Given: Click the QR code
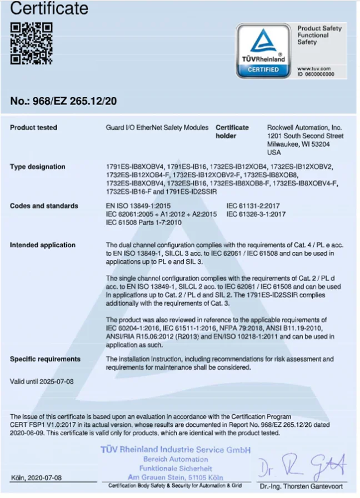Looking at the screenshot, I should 31,43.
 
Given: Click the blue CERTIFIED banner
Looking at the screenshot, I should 263,69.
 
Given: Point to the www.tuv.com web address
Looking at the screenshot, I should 314,68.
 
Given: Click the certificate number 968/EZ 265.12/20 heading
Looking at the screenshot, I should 63,101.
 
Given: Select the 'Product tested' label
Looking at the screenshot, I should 33,128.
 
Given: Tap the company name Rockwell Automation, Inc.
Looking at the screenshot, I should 304,128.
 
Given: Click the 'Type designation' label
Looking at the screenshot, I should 37,167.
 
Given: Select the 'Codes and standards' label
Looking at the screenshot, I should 44,206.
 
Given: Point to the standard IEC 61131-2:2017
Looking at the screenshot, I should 256,206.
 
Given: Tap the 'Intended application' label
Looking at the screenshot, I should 42,245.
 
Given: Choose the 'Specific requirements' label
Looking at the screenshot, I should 45,359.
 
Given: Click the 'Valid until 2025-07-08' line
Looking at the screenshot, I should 42,382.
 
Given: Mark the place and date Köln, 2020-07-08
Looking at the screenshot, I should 37,478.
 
